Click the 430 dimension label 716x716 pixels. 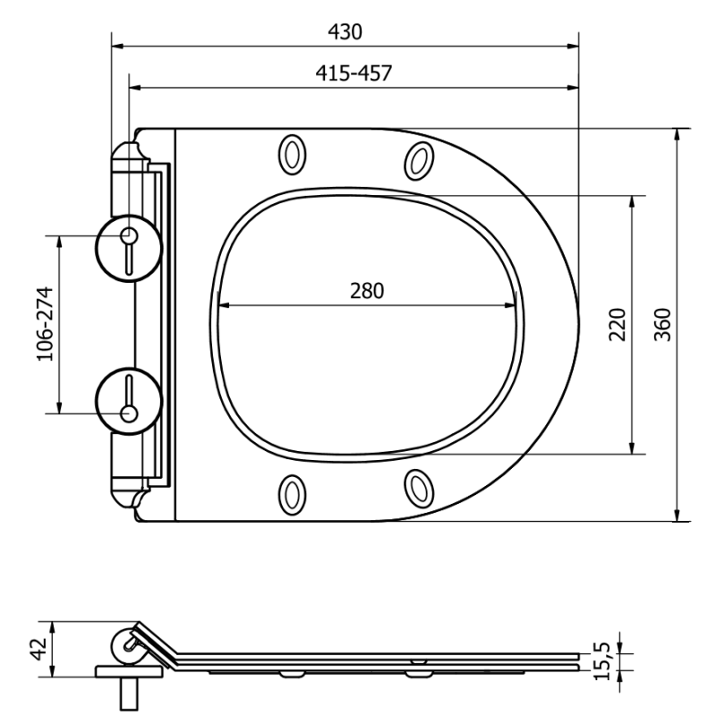tap(345, 32)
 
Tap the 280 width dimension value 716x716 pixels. tap(366, 291)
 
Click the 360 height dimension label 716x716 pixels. tap(661, 324)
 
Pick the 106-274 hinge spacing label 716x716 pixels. tap(45, 324)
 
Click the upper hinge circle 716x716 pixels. tap(128, 243)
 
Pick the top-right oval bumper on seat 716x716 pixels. tap(417, 160)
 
